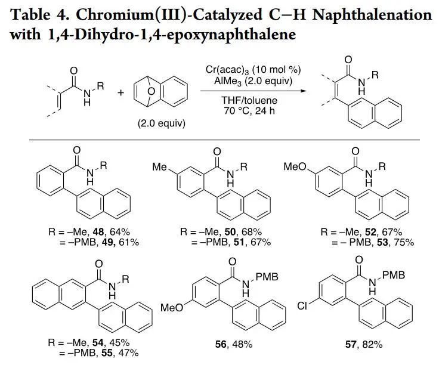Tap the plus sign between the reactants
(121, 92)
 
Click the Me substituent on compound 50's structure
(159, 168)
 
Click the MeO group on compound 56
(172, 308)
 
